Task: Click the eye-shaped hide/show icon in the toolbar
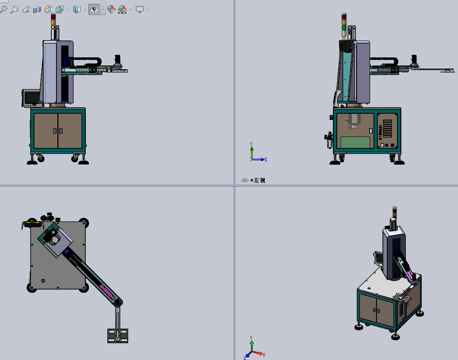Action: click(94, 9)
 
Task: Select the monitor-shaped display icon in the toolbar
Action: click(140, 9)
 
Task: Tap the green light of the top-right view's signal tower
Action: click(344, 28)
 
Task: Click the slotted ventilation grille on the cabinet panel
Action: click(387, 128)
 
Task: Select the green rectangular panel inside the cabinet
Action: click(355, 142)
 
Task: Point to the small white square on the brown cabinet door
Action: click(370, 131)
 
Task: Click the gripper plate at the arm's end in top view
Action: click(118, 335)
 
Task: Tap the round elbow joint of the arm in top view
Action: click(117, 303)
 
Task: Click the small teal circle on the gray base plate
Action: click(43, 281)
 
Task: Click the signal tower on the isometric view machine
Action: click(394, 212)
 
